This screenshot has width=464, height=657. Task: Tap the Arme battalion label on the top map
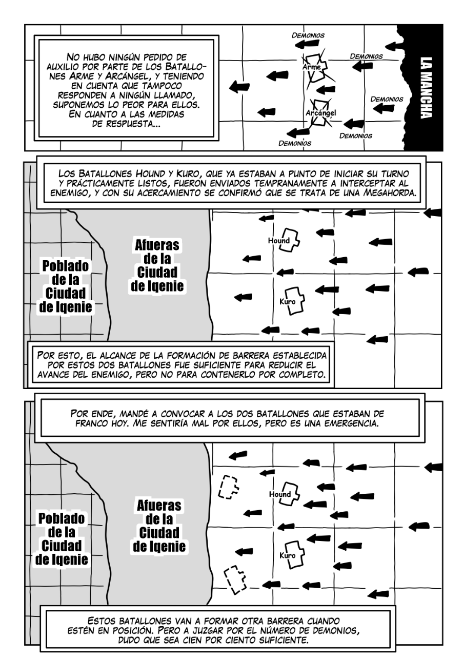coord(312,68)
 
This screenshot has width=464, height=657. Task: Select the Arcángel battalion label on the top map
coord(320,112)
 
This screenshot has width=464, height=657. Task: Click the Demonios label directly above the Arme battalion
coord(308,35)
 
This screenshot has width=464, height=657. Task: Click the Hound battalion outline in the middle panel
coord(289,240)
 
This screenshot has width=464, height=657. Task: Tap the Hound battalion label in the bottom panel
coord(280,494)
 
